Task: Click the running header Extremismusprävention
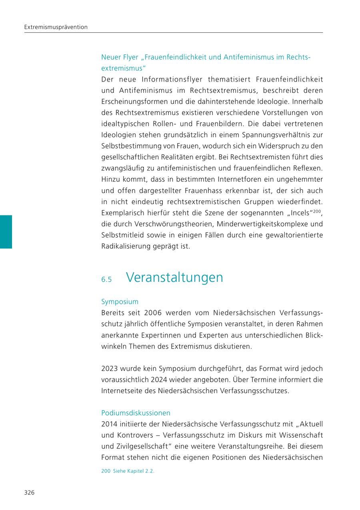56,27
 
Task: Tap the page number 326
29,492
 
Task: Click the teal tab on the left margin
6,232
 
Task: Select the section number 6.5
106,279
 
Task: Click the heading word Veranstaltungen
174,277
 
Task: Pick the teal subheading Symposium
120,301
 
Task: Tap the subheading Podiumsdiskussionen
136,412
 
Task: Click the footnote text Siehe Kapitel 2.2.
134,471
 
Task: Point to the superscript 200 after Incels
317,211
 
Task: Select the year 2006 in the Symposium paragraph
153,313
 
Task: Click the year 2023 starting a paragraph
109,368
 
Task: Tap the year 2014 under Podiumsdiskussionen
109,424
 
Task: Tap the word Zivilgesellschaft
138,446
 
